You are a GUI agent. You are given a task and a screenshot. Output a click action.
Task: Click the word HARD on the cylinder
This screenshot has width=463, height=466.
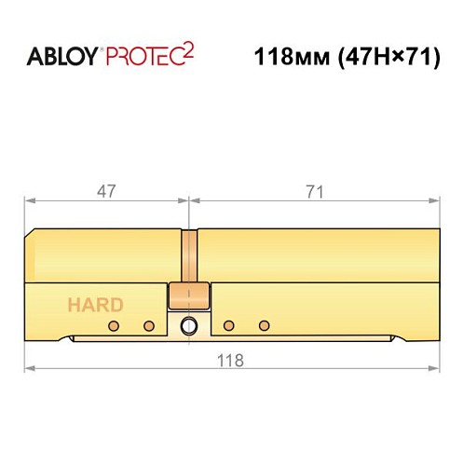click(93, 304)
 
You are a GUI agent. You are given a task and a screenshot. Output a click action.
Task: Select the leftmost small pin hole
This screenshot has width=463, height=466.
click(114, 325)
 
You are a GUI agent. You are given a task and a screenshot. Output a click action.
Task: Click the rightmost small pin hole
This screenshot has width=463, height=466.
click(265, 325)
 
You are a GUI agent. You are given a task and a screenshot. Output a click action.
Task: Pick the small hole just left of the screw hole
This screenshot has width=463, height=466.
click(148, 325)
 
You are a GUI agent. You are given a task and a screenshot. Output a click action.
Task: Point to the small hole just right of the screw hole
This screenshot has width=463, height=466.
click(229, 325)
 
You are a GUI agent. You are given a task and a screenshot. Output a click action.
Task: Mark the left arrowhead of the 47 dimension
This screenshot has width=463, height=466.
click(27, 200)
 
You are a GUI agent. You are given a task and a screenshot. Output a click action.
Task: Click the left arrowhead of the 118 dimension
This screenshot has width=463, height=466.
click(27, 370)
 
